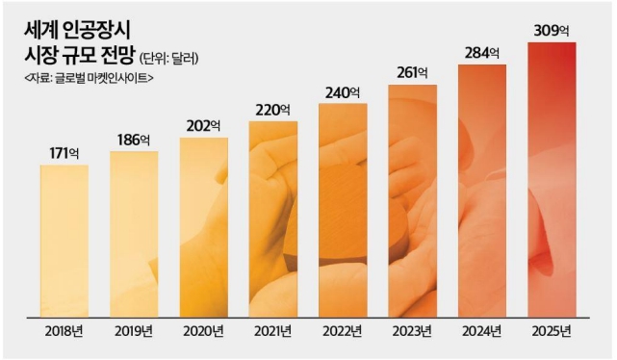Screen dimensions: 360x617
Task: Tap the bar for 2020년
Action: coord(203,227)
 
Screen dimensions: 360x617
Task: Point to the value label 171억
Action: coord(64,152)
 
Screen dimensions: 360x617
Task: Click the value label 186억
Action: coord(134,139)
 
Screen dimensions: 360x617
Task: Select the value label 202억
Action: coord(203,125)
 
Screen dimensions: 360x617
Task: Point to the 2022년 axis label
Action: coord(343,332)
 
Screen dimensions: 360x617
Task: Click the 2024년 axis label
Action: coord(482,332)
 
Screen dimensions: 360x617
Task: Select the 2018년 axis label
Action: coord(64,332)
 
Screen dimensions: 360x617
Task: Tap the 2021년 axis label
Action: coord(273,332)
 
